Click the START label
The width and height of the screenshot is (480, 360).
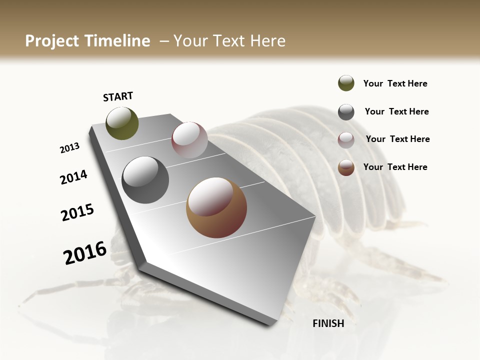pos(118,96)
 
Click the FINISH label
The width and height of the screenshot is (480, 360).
pos(328,323)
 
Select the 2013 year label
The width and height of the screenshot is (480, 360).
pos(69,147)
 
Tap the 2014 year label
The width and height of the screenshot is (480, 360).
pos(73,177)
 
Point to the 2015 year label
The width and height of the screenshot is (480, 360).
pos(77,212)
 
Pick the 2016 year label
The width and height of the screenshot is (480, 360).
pos(85,252)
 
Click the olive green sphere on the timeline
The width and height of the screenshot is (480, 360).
pos(122,123)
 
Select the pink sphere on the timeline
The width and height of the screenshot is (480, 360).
pos(189,140)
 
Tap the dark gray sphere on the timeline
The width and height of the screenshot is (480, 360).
pos(145,180)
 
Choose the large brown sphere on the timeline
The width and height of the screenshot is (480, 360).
pos(216,207)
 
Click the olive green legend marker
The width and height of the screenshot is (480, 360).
pos(346,83)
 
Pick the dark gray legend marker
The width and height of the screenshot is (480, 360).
pos(346,112)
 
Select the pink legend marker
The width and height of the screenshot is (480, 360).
pos(346,140)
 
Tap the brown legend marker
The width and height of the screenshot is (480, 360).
pos(346,167)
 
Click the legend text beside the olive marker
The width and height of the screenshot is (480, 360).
pos(395,83)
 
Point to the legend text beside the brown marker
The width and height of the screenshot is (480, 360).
pos(395,167)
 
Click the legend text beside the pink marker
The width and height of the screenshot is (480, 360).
pos(397,139)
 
